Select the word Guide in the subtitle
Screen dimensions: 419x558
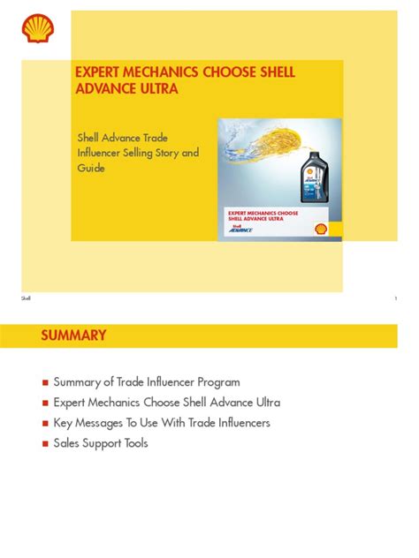point(92,169)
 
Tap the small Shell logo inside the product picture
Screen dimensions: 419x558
point(321,228)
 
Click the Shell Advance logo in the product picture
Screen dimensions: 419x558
point(241,229)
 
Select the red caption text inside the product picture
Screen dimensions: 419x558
point(263,216)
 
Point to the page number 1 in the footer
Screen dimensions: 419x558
point(395,298)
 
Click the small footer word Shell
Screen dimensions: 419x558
point(26,298)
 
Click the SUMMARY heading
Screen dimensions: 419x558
point(73,336)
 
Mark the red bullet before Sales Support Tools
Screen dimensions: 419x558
point(45,444)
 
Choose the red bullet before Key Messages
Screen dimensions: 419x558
point(45,424)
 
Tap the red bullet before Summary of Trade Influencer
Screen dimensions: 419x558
point(45,383)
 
